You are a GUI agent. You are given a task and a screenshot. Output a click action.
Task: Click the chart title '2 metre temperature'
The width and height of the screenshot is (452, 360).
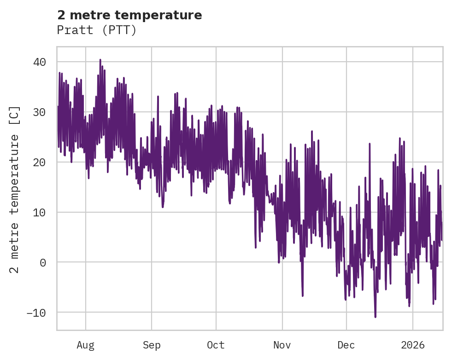click(129, 15)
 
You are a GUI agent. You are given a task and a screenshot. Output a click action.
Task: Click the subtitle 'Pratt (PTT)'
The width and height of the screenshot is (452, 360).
click(97, 30)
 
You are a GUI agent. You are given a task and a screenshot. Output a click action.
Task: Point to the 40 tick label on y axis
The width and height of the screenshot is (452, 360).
click(42, 62)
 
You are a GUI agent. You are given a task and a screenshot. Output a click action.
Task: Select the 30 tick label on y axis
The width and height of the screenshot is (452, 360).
click(42, 112)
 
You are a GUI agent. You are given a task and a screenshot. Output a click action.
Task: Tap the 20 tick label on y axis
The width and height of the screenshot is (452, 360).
click(42, 162)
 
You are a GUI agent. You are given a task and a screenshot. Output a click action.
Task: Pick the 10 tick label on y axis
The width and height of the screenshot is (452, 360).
click(42, 212)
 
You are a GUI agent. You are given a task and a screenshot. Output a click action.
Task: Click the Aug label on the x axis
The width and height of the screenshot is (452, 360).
click(86, 345)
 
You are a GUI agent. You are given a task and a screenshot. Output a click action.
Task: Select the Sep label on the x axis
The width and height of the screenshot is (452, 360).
click(152, 345)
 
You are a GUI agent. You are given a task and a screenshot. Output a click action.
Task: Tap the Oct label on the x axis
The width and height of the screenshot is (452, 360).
click(216, 345)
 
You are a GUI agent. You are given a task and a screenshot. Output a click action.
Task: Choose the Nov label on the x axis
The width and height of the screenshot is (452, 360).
click(282, 345)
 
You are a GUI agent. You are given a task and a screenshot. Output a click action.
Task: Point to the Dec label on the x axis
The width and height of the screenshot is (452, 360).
click(346, 345)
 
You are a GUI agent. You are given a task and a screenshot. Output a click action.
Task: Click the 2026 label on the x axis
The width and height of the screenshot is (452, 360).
click(413, 345)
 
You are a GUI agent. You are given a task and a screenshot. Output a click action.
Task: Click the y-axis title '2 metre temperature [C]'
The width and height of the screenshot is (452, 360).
click(15, 189)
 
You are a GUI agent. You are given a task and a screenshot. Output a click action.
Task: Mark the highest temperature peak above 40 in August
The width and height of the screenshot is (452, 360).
click(100, 60)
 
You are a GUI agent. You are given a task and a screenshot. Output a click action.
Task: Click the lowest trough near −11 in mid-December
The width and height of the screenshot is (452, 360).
click(375, 317)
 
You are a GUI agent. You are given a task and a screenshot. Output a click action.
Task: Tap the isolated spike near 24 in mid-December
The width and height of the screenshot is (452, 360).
click(370, 144)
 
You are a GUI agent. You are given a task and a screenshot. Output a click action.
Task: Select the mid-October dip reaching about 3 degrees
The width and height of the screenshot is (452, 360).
click(256, 247)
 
